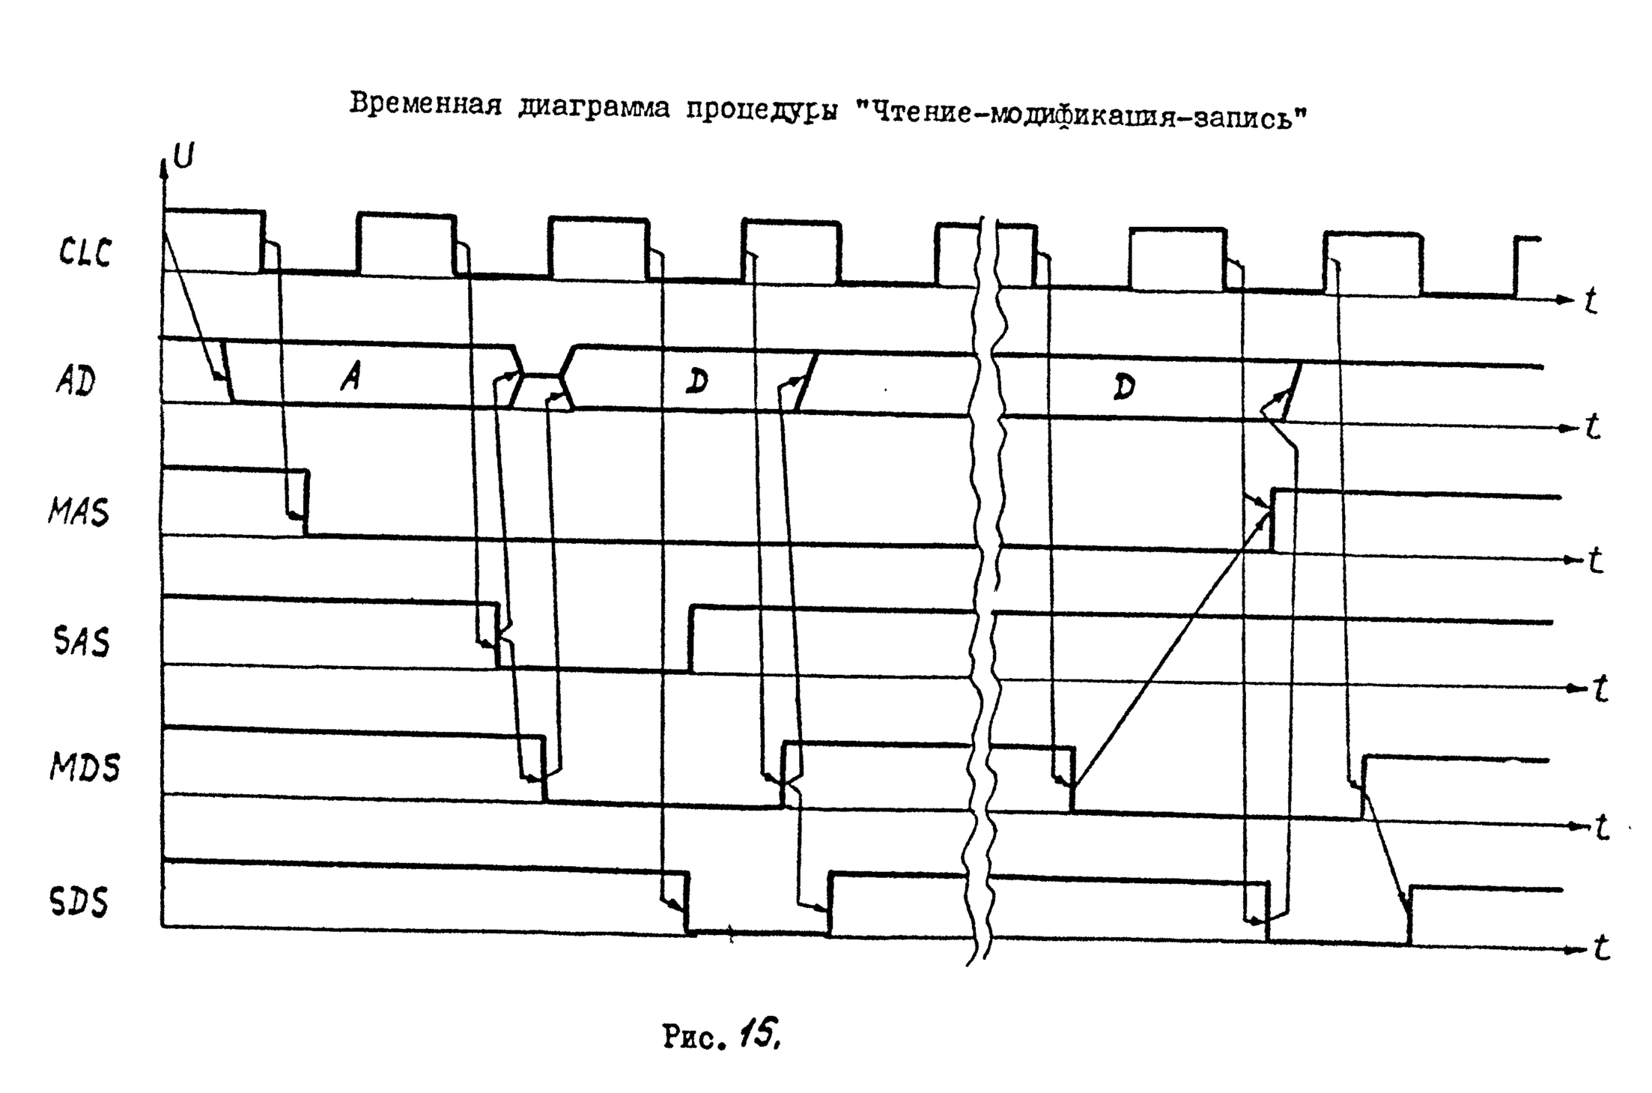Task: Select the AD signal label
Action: point(76,382)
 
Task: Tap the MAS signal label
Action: point(79,512)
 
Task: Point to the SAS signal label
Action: point(82,642)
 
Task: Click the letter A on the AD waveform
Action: point(350,379)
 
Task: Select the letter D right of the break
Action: point(1123,387)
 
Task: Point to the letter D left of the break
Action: point(696,383)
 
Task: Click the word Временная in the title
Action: point(425,105)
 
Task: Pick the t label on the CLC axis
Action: point(1591,301)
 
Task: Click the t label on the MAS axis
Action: point(1595,560)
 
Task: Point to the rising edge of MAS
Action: point(1272,521)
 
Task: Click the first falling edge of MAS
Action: point(306,503)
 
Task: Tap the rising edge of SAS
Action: point(690,638)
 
